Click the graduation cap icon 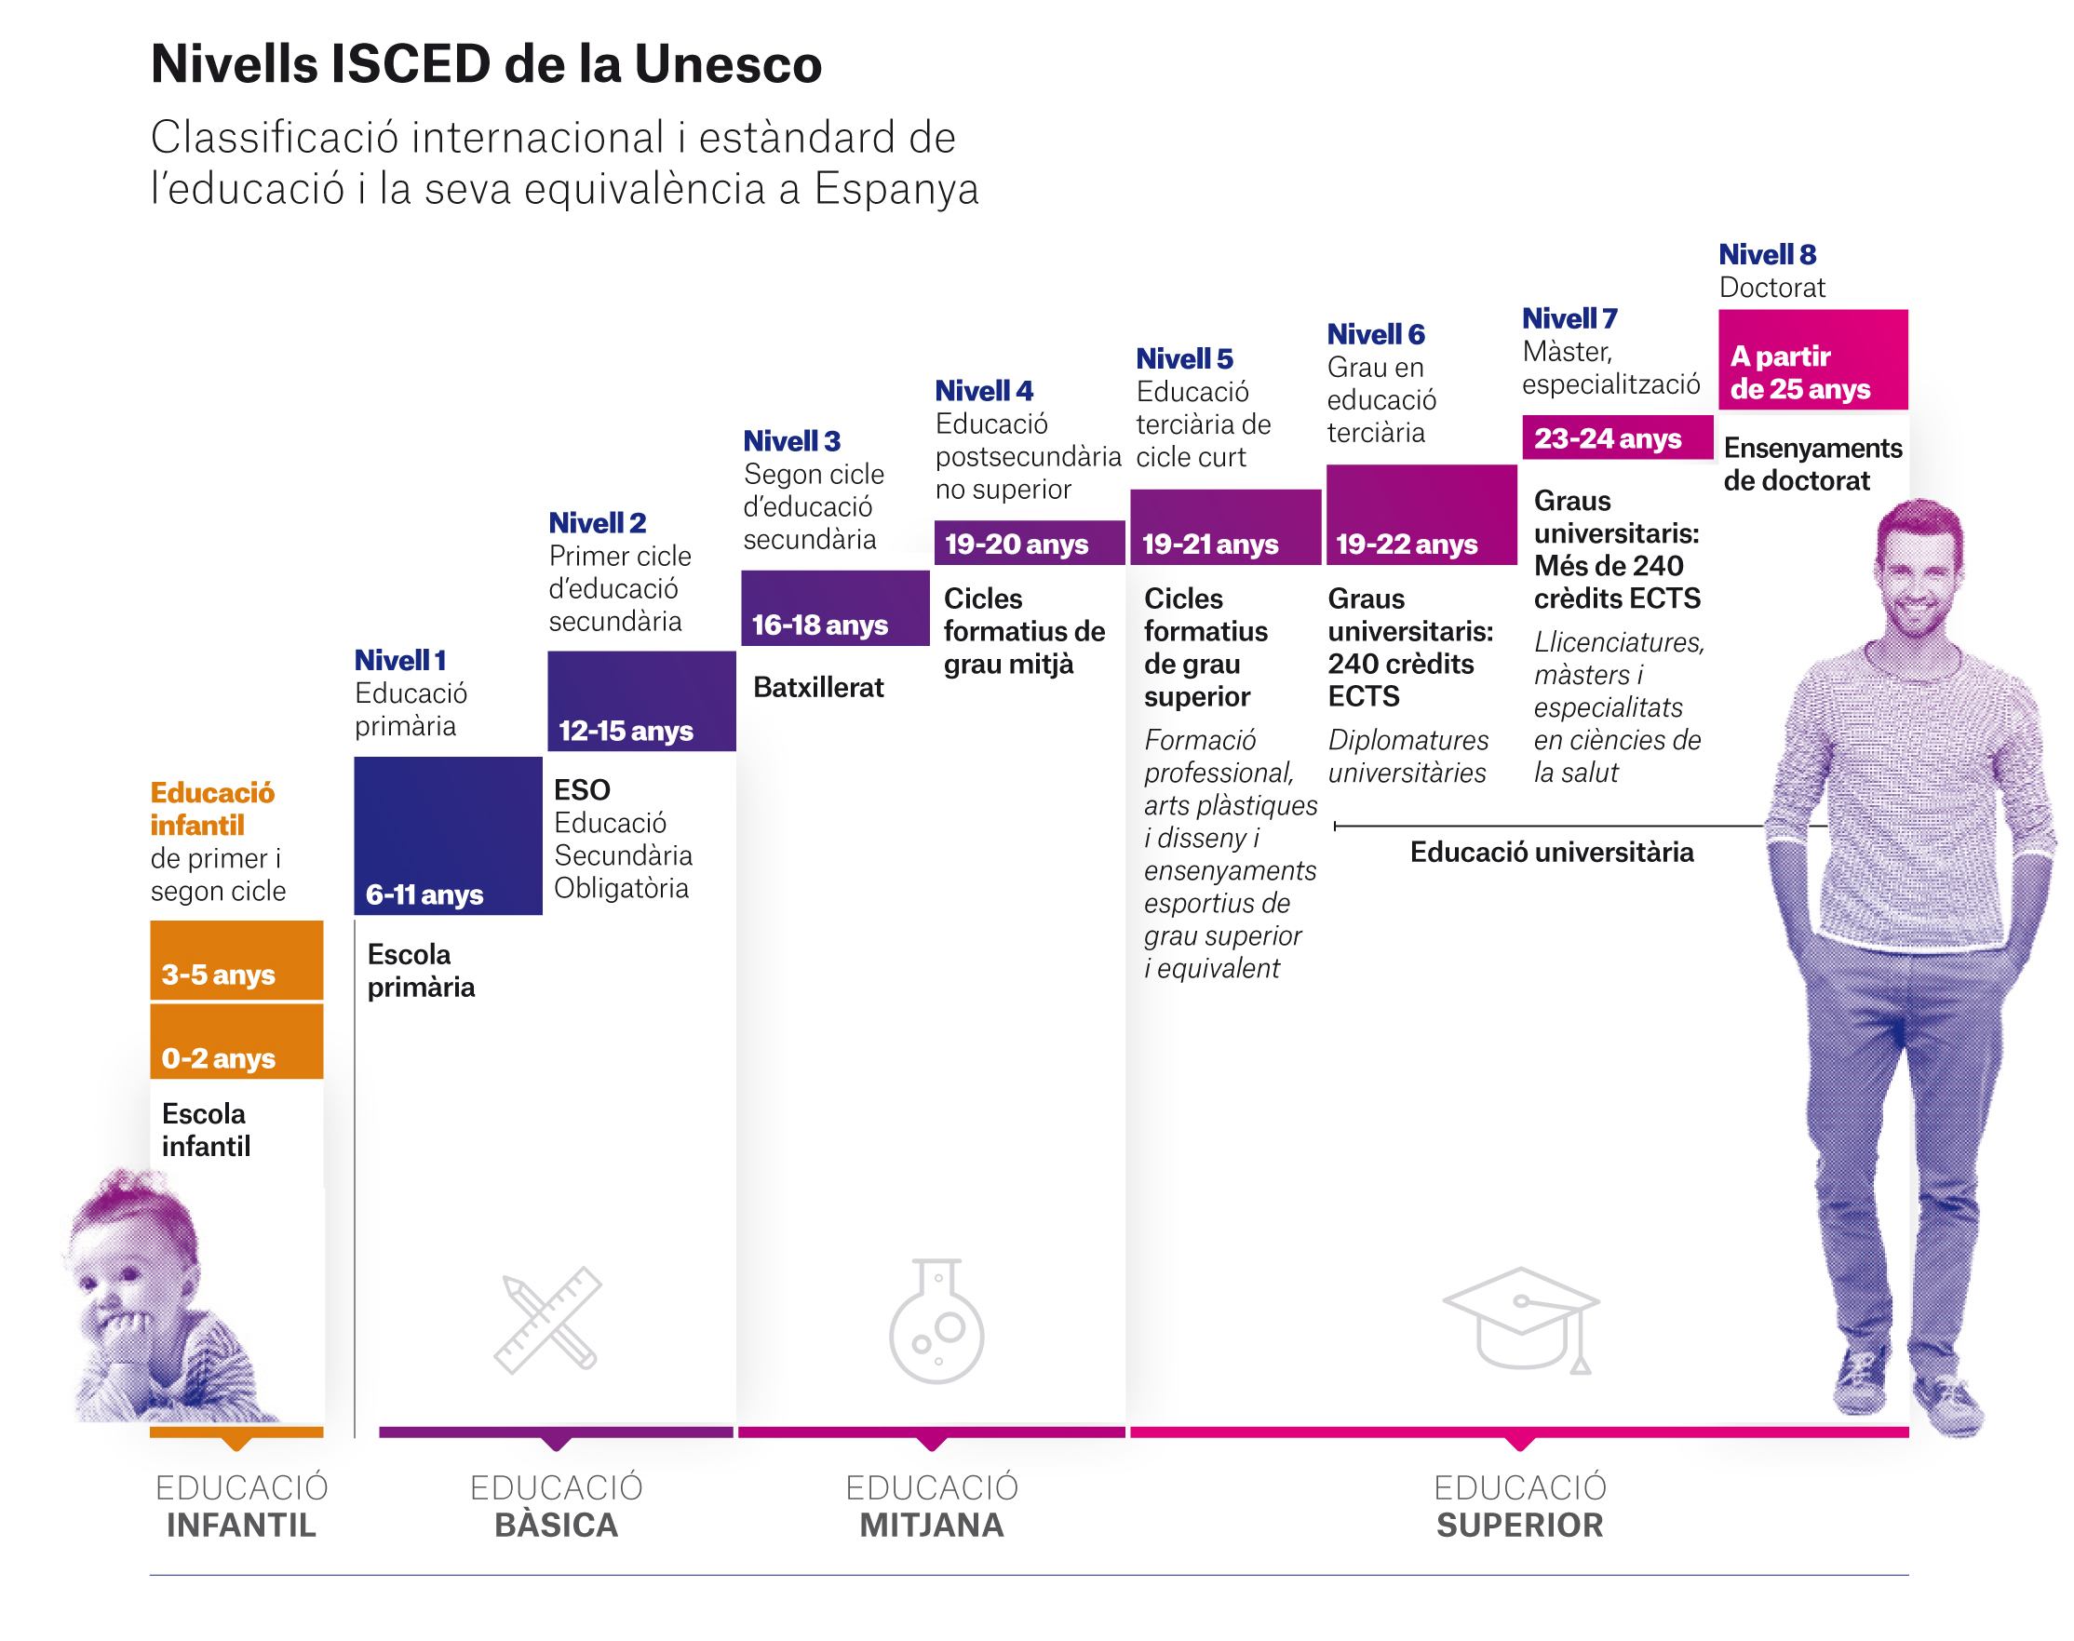point(1520,1319)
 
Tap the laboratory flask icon point(936,1320)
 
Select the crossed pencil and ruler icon point(547,1319)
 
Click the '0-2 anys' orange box point(236,1042)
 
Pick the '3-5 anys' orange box point(236,960)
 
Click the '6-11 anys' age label point(424,894)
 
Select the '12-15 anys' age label point(626,730)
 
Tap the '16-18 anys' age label point(819,625)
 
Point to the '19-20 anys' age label point(1017,544)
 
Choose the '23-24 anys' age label point(1607,438)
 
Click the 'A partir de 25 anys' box point(1811,359)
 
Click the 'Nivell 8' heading point(1767,255)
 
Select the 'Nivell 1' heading point(399,660)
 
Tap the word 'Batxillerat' point(817,687)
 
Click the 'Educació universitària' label point(1552,853)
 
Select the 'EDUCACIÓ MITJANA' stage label point(932,1505)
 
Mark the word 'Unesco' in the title point(728,64)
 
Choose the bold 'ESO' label point(582,789)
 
